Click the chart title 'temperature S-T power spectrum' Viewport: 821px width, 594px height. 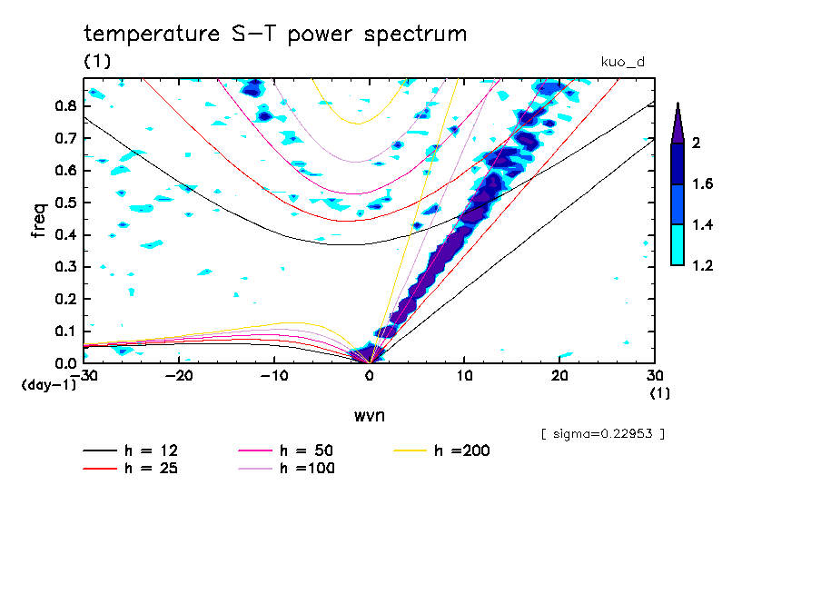click(x=275, y=35)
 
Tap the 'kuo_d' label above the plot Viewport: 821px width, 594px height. click(x=623, y=62)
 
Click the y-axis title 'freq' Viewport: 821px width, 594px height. click(x=37, y=221)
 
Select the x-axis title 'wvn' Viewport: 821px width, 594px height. click(x=369, y=415)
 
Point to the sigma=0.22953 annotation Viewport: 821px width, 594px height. click(x=602, y=434)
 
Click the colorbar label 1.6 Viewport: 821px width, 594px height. click(x=701, y=184)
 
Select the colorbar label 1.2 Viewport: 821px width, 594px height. click(x=701, y=265)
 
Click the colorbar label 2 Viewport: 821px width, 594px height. click(x=695, y=144)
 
